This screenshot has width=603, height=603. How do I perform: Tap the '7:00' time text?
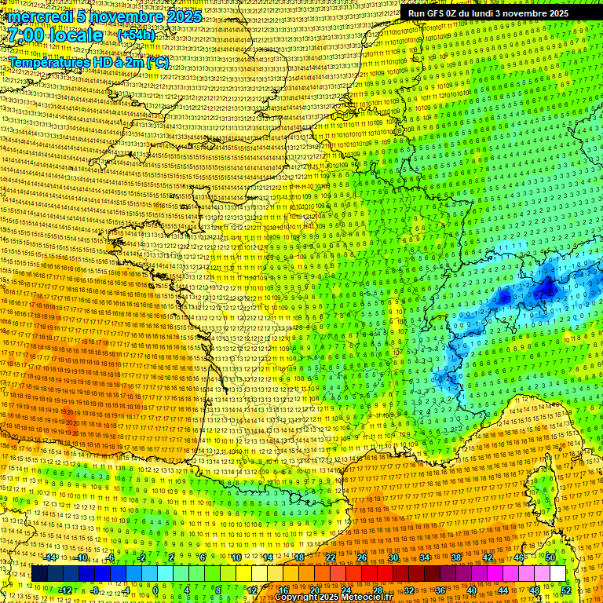[30, 35]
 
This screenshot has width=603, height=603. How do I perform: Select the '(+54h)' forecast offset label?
[137, 35]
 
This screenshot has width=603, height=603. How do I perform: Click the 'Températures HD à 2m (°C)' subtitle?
[89, 62]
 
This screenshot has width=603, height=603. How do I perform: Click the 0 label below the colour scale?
[155, 590]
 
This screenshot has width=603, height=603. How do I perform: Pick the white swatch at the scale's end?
[557, 574]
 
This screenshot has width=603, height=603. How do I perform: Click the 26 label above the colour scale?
[362, 557]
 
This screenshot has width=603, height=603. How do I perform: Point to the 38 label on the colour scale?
[455, 557]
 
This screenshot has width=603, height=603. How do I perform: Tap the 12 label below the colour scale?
[252, 590]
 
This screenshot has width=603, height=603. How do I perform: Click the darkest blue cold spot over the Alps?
[546, 291]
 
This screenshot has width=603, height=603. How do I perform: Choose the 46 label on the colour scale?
[518, 557]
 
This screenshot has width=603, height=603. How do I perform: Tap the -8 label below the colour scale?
[95, 590]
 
